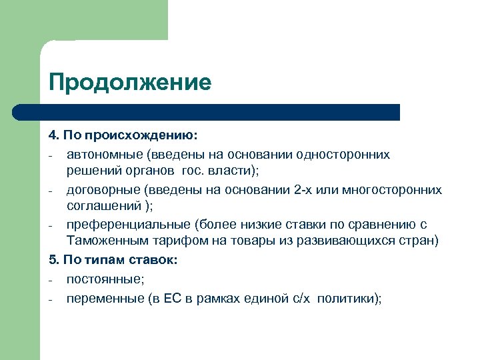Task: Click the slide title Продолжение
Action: tap(129, 83)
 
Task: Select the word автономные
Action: tap(105, 154)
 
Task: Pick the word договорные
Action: tap(104, 189)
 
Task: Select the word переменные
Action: tap(104, 298)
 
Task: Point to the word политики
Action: tap(349, 298)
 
